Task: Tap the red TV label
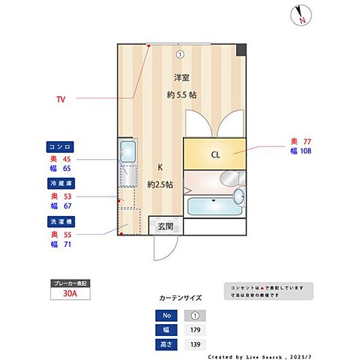click(x=61, y=98)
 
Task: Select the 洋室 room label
click(x=181, y=78)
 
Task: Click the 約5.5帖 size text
click(x=181, y=95)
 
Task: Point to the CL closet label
click(x=215, y=156)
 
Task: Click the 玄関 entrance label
click(x=166, y=226)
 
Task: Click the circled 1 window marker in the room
click(x=180, y=54)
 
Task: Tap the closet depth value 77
click(x=306, y=140)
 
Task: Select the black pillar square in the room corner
click(x=241, y=49)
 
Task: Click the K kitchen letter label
click(x=160, y=167)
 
